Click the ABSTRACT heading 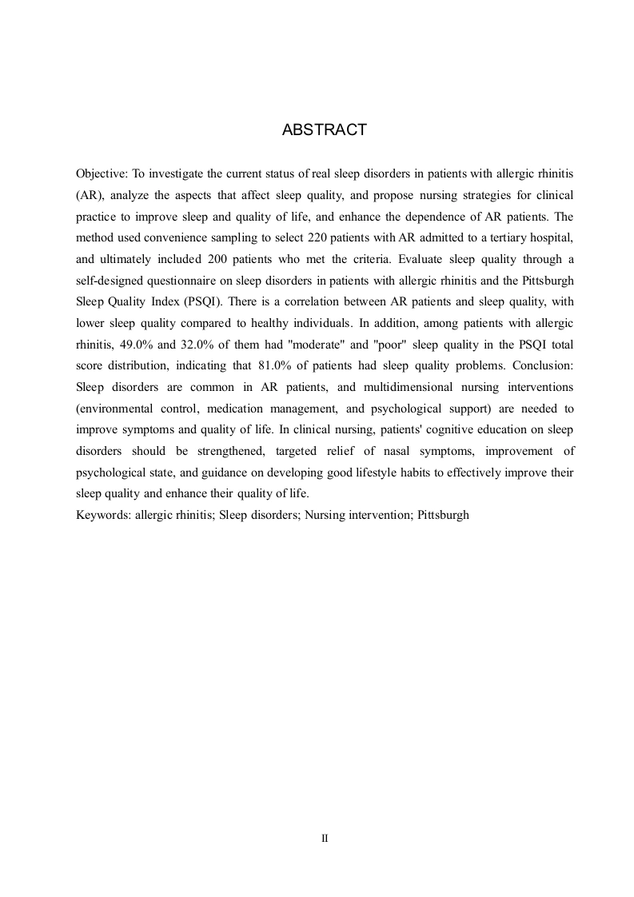point(324,130)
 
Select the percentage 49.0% point(130,345)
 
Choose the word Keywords point(102,516)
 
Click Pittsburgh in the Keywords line point(443,516)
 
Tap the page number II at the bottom point(325,839)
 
